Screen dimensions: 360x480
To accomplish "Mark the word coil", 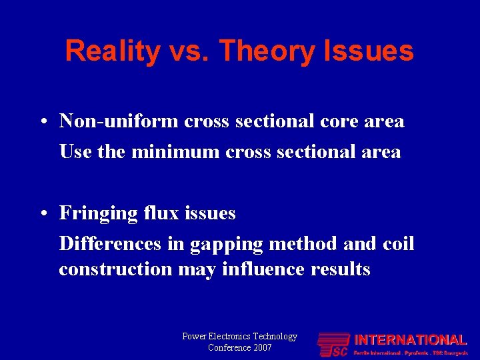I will coord(399,244).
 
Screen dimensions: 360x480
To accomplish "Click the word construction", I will coord(115,269).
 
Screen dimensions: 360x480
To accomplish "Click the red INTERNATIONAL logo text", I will coord(410,340).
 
